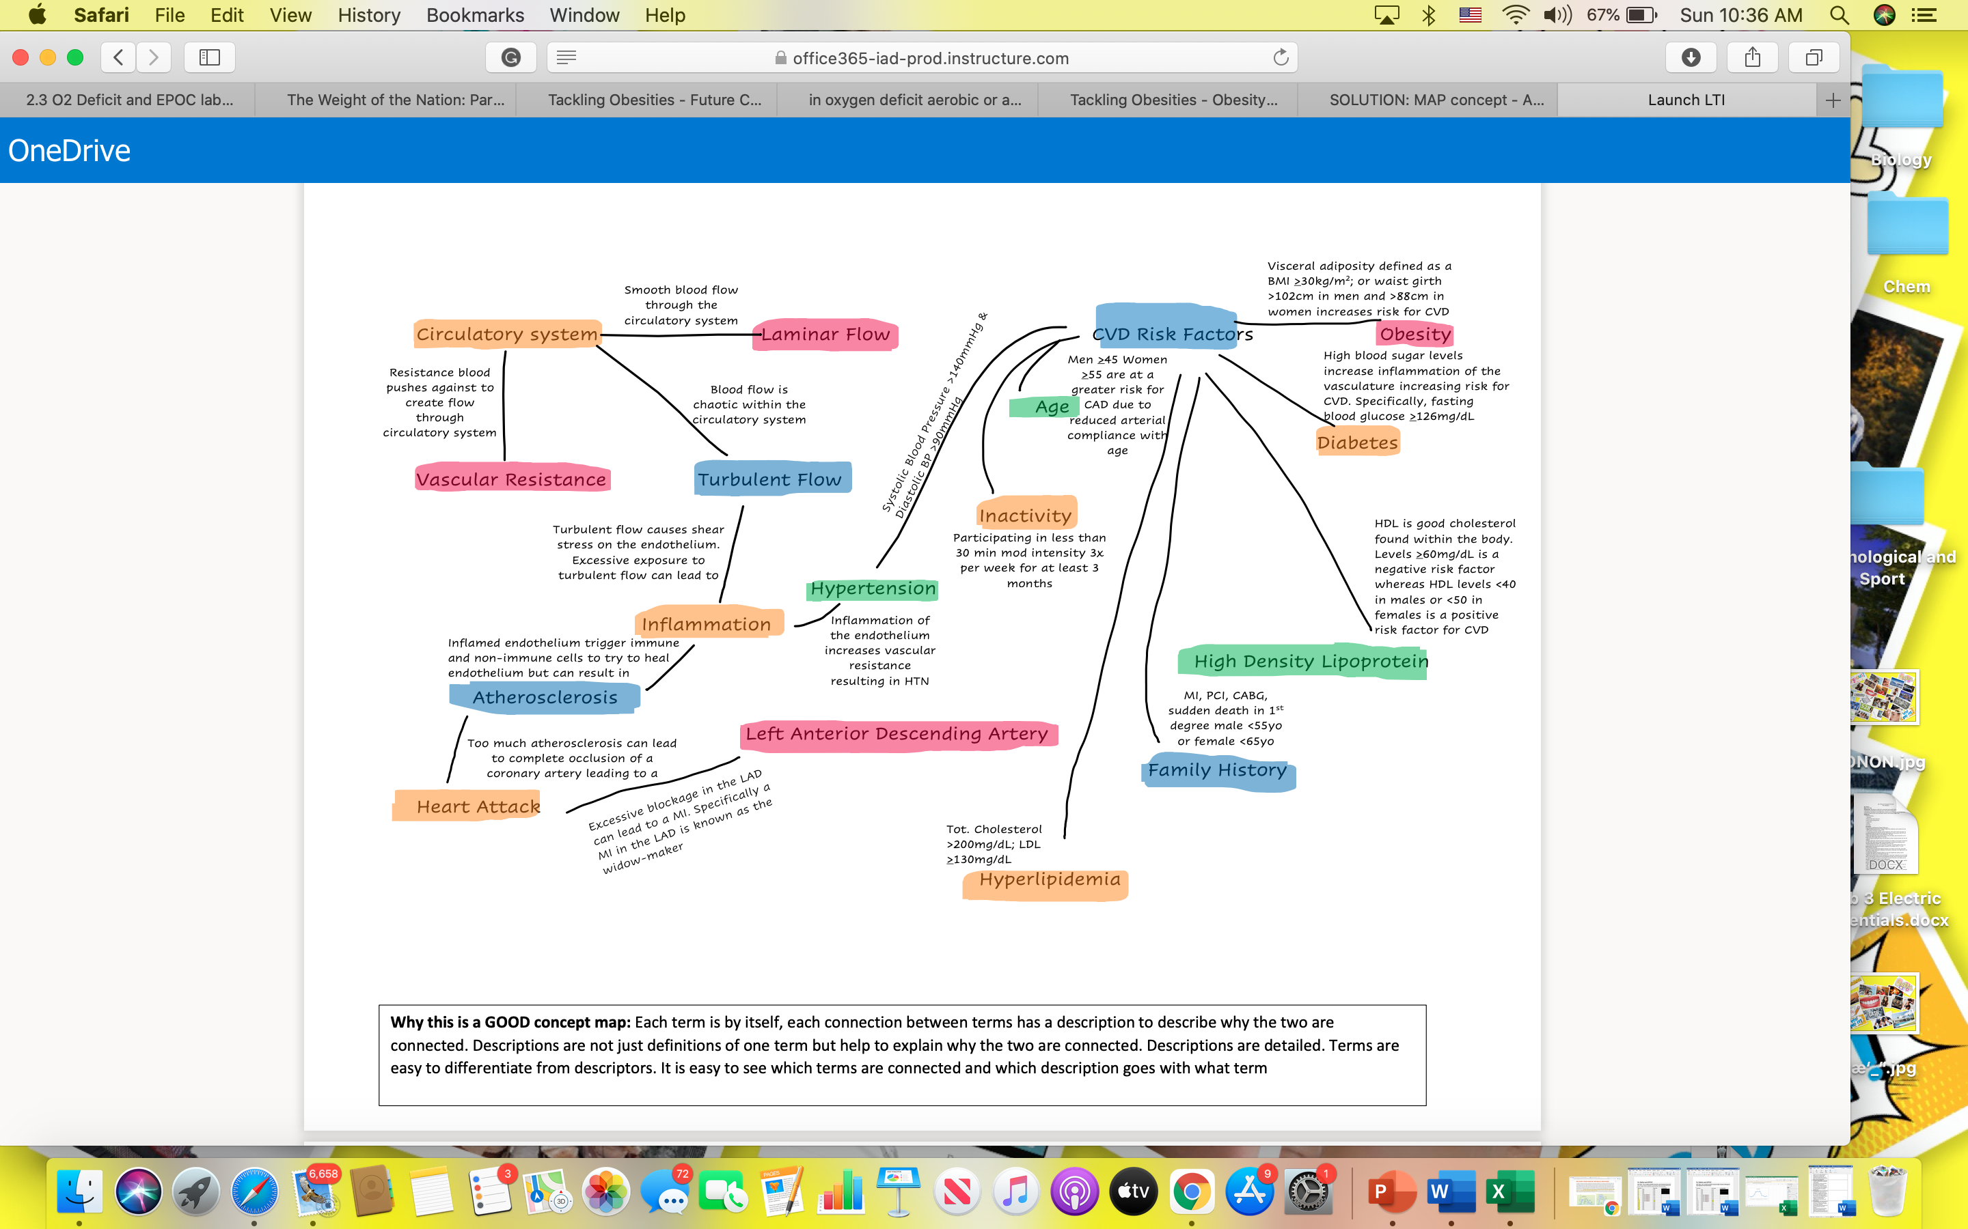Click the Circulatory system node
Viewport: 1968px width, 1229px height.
[506, 334]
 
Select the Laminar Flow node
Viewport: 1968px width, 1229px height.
[825, 334]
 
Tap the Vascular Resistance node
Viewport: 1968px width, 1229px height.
[512, 479]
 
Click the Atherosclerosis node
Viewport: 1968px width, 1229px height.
[545, 697]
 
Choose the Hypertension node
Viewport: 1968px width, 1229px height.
[873, 589]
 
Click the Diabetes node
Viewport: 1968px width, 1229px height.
[1357, 442]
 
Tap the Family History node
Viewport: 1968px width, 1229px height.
[1218, 771]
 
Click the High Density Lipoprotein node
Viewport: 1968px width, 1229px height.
[1303, 662]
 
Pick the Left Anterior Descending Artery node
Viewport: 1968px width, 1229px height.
[898, 734]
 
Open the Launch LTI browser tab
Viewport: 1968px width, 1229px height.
[1686, 100]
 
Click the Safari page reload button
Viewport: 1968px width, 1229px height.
[1281, 58]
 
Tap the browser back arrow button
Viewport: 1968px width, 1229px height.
[119, 57]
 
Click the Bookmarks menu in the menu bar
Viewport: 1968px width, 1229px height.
[475, 16]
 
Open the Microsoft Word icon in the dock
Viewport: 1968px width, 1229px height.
[1451, 1191]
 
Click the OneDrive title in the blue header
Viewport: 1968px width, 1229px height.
[69, 150]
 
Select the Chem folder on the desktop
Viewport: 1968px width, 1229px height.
[1907, 244]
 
